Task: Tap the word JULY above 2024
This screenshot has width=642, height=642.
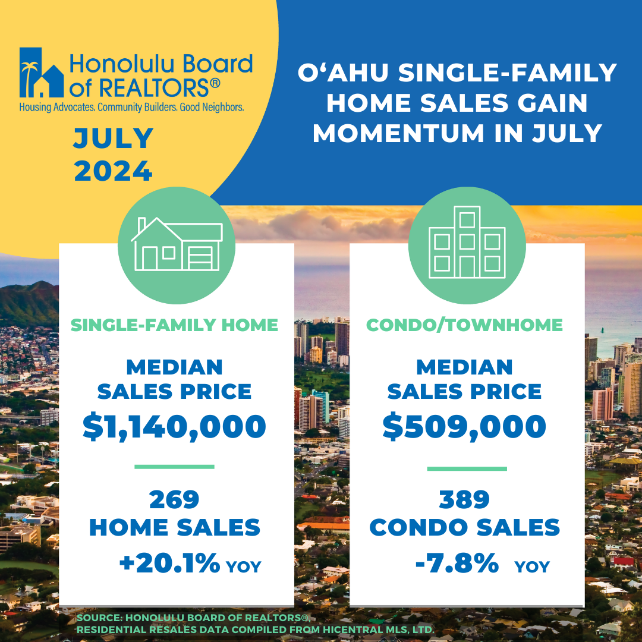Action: pos(114,139)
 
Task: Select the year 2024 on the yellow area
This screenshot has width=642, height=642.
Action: pos(114,171)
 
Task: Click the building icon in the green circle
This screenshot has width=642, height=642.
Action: pos(467,243)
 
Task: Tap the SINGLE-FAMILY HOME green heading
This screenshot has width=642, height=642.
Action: pos(174,325)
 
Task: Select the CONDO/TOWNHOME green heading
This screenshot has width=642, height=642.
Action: pos(464,325)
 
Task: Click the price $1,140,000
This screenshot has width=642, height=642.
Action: pos(174,427)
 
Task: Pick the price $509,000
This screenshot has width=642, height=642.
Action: pos(464,427)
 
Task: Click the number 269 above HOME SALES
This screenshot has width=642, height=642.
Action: pos(174,499)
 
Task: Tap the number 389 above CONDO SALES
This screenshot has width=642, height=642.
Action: pos(464,499)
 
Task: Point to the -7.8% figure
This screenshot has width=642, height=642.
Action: pos(457,563)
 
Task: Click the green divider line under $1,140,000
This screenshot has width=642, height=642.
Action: pos(174,467)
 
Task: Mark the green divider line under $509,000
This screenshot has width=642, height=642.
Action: pos(467,468)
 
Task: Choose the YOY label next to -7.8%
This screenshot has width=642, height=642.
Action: pos(532,567)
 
